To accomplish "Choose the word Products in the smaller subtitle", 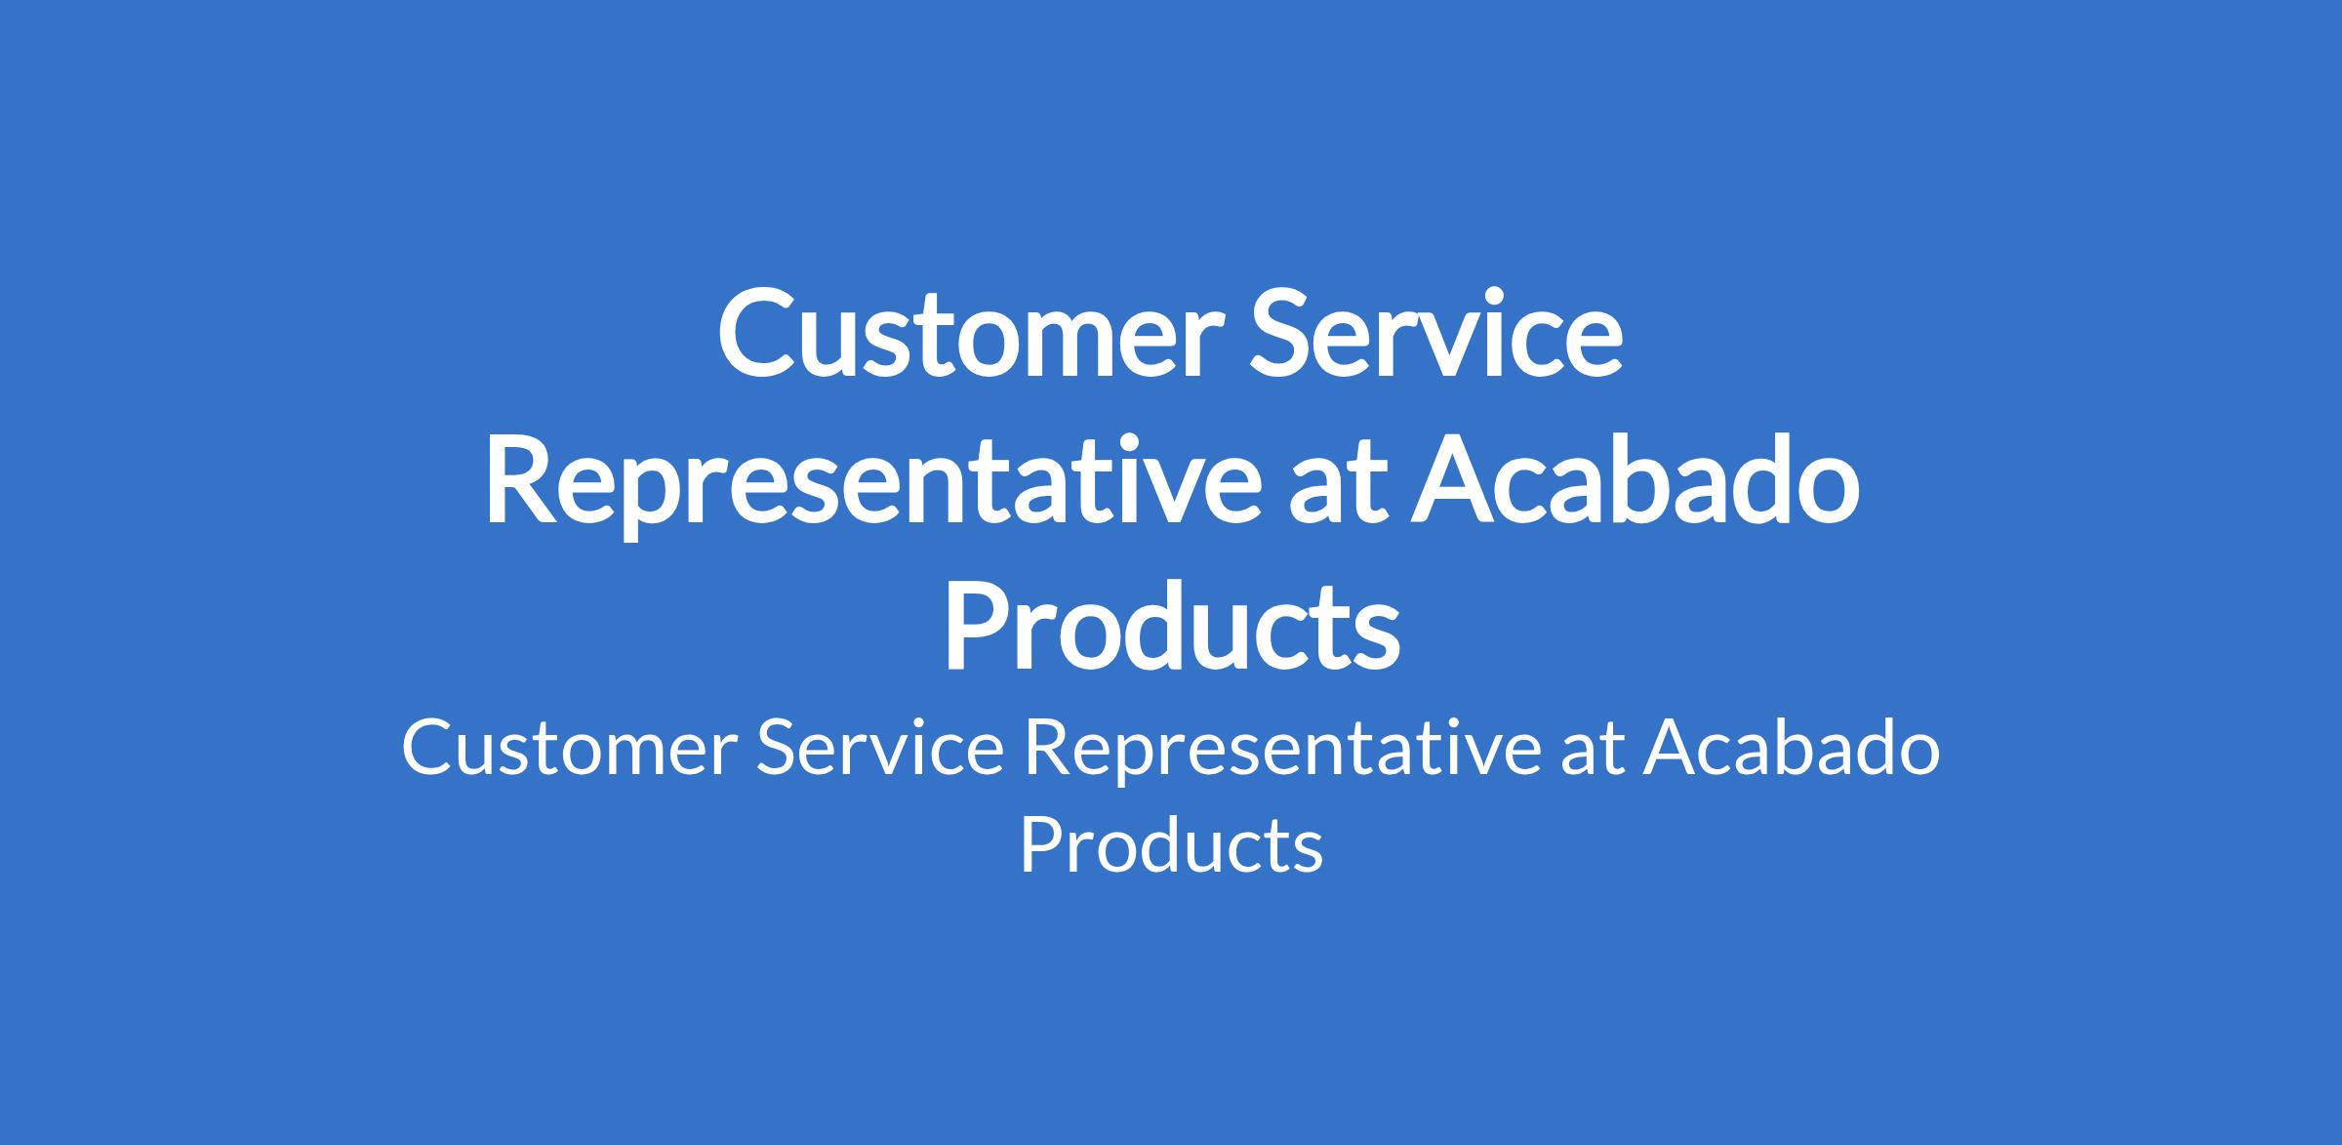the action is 1171,843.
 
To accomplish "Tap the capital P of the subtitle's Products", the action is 1041,844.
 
